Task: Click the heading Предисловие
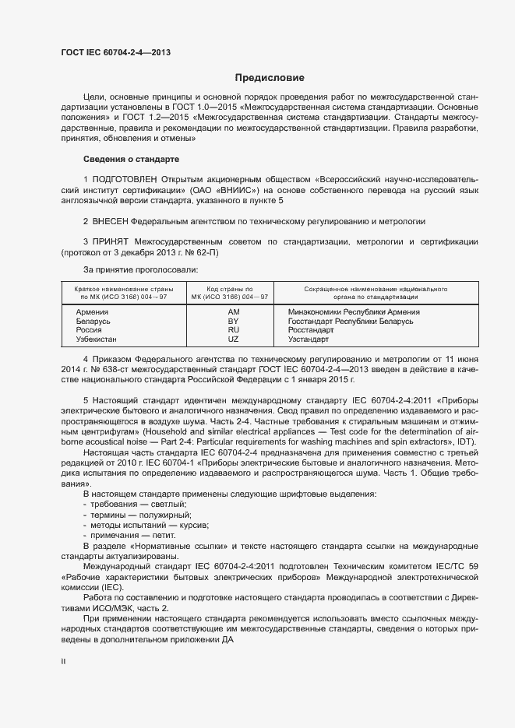tap(270, 78)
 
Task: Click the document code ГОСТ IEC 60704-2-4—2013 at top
tap(116, 52)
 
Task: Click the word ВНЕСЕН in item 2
tap(110, 221)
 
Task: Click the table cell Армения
tap(92, 311)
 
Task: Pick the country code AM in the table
tap(233, 311)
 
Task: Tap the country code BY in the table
tap(233, 321)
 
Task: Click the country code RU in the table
tap(233, 330)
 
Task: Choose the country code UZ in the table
tap(233, 339)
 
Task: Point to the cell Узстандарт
tap(309, 339)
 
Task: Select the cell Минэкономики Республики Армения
tap(354, 311)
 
